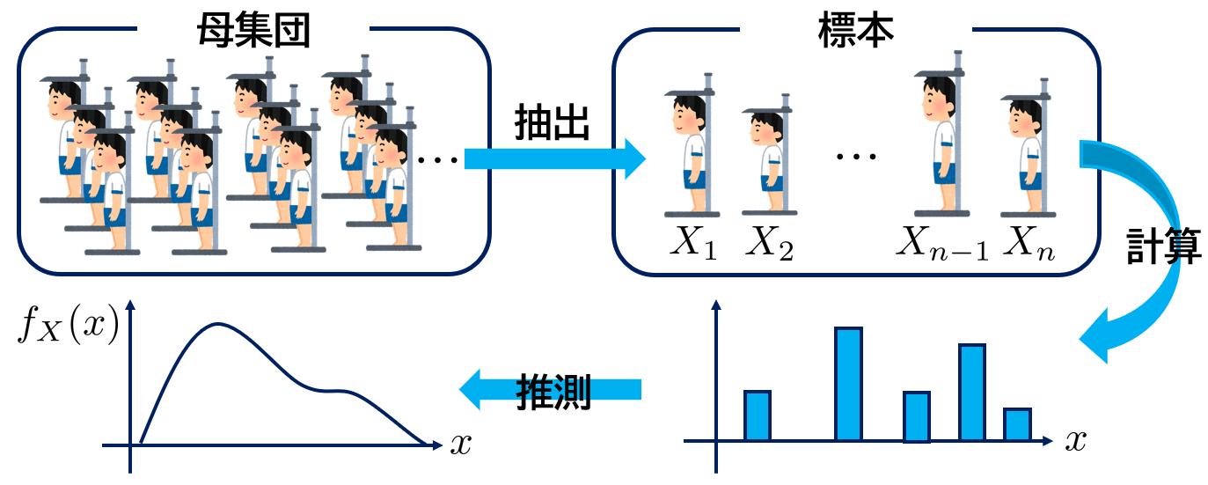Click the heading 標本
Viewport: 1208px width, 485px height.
(855, 32)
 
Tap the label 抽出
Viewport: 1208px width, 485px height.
(552, 125)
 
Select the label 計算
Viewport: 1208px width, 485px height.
(1164, 249)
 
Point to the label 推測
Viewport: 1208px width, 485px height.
(553, 388)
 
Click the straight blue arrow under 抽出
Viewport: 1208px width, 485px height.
(554, 158)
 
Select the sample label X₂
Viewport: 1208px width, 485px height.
(770, 246)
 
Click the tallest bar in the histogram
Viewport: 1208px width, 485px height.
(848, 384)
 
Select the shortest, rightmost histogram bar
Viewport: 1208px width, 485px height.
(1017, 424)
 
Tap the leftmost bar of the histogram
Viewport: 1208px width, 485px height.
(758, 415)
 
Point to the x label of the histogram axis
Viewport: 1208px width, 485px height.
(1074, 440)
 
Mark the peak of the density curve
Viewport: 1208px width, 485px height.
(217, 324)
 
